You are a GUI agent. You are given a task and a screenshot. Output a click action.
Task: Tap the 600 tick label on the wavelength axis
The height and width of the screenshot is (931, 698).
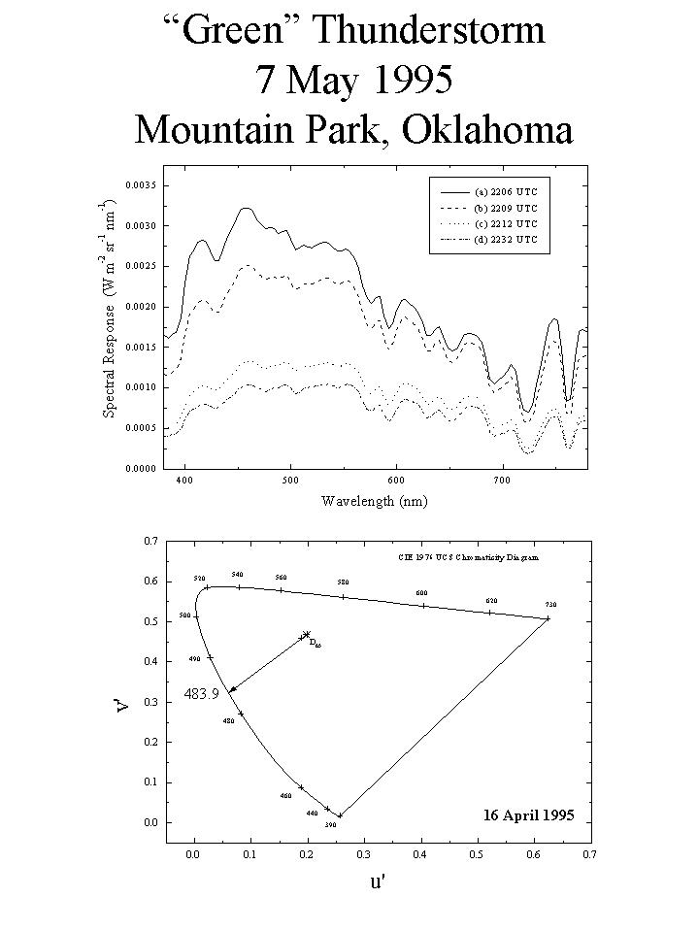[396, 481]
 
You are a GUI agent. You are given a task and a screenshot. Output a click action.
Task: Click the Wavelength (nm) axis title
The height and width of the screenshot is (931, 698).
[374, 501]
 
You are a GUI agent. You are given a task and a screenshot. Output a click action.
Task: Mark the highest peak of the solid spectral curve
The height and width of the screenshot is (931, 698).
[246, 208]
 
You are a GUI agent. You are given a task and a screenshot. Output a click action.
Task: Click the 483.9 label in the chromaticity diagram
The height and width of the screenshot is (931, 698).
[201, 693]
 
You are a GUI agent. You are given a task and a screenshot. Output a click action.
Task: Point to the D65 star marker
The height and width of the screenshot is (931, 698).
[307, 635]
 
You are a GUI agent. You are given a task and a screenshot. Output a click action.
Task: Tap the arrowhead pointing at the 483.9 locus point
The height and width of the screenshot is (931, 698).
[232, 689]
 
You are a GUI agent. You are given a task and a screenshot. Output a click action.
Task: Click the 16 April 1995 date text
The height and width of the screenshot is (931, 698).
[528, 815]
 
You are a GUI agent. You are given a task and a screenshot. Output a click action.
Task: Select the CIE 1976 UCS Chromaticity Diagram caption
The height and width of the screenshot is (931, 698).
[469, 559]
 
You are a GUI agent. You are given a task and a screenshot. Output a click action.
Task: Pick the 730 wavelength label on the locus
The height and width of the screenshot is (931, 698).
[550, 604]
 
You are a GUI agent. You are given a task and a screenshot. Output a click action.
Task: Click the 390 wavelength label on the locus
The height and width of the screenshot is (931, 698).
[330, 825]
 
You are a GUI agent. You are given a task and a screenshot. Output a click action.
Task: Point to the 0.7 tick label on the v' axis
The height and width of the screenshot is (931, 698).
[150, 540]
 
